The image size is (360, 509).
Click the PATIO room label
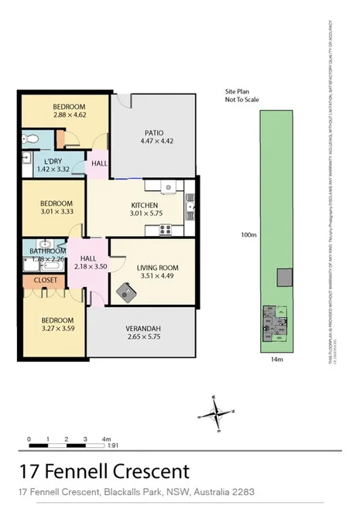pyautogui.click(x=152, y=132)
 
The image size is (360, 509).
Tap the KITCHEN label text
pyautogui.click(x=144, y=206)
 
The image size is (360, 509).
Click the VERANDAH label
pyautogui.click(x=141, y=327)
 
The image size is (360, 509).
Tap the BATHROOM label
pyautogui.click(x=46, y=251)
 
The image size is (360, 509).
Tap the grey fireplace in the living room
pyautogui.click(x=124, y=292)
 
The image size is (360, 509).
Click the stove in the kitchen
pyautogui.click(x=164, y=228)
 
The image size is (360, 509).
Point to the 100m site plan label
pyautogui.click(x=248, y=234)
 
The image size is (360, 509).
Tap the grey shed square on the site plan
pyautogui.click(x=285, y=277)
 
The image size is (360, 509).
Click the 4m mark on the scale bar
pyautogui.click(x=105, y=439)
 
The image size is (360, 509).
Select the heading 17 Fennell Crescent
pyautogui.click(x=103, y=470)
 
